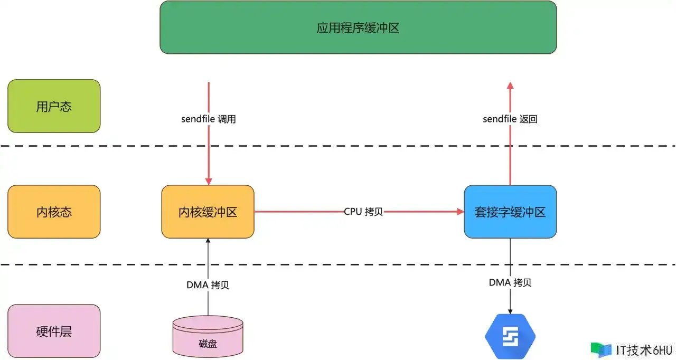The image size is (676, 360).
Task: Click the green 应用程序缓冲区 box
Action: (358, 27)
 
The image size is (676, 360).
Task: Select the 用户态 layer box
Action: (54, 106)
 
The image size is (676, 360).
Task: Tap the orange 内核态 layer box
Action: (54, 212)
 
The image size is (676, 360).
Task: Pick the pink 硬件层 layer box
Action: (54, 331)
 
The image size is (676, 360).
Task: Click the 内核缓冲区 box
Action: (208, 212)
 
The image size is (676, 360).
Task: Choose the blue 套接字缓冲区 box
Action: (510, 212)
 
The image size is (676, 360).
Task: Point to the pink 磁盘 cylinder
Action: (208, 336)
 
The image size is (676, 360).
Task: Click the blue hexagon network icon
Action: (510, 336)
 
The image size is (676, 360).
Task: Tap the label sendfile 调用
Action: (209, 119)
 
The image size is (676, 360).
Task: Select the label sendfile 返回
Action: (510, 119)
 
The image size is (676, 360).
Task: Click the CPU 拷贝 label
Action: (363, 212)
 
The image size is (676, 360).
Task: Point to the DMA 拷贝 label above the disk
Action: (208, 285)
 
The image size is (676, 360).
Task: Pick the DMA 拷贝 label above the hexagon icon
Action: (510, 282)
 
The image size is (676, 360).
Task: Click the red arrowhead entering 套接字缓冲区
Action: (461, 212)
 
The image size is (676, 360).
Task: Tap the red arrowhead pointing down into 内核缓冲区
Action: (209, 181)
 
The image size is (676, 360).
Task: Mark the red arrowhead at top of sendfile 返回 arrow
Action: (510, 86)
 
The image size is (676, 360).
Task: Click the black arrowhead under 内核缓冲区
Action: (208, 241)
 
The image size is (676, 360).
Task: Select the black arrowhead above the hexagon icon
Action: (510, 311)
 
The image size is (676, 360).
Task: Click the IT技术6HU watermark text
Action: (644, 350)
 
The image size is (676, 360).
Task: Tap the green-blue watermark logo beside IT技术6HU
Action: (601, 350)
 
